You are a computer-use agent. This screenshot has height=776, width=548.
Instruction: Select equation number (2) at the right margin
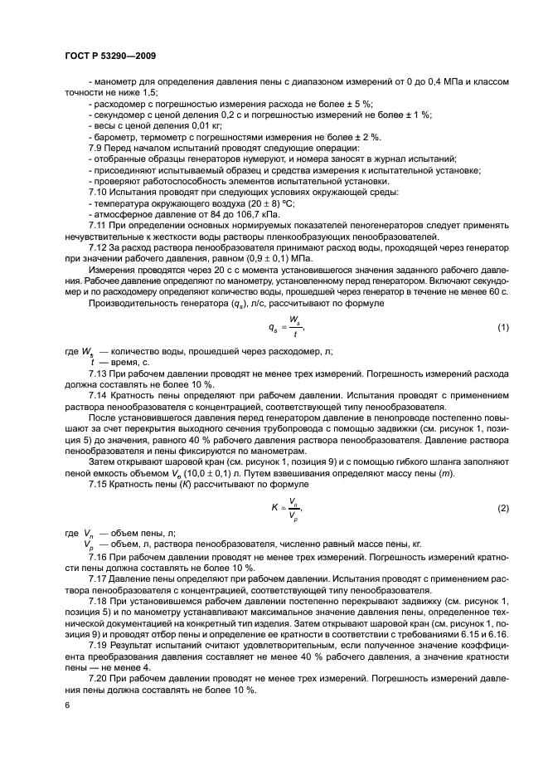pos(502,507)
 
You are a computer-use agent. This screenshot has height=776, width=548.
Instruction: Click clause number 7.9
pos(95,146)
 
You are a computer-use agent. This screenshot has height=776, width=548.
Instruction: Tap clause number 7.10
pos(98,192)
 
